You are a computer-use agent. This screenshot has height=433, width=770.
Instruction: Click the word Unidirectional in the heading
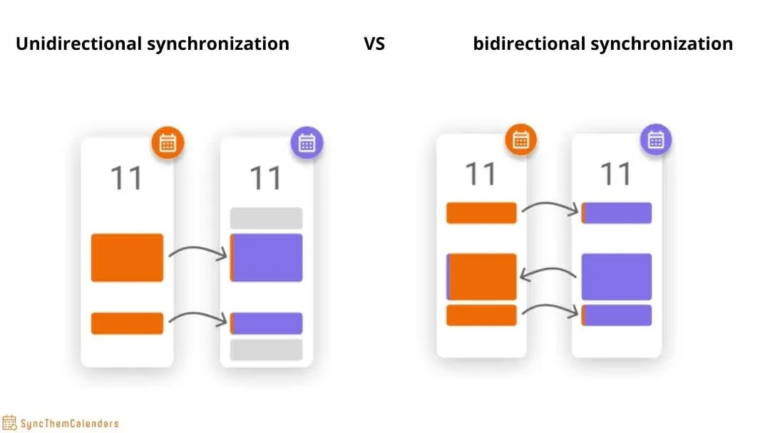click(78, 43)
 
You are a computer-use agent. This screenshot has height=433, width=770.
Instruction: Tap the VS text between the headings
click(374, 44)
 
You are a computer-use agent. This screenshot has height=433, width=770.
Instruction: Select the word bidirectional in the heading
click(528, 43)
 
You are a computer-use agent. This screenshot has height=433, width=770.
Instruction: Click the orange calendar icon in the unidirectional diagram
click(168, 142)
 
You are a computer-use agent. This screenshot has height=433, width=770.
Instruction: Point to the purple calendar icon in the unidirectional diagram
click(307, 142)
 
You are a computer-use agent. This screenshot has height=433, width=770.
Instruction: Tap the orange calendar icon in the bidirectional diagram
click(520, 140)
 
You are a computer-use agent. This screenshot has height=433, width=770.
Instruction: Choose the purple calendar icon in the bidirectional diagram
click(656, 140)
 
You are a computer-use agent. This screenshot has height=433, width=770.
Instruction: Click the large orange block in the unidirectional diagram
click(127, 257)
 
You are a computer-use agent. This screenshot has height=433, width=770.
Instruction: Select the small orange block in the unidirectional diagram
click(127, 323)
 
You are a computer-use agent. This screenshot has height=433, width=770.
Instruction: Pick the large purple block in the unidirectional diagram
click(267, 257)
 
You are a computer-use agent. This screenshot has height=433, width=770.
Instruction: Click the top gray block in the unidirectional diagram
click(266, 218)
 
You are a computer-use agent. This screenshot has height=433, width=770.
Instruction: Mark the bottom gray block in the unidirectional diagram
click(266, 350)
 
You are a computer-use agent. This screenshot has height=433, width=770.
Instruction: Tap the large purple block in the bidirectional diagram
click(617, 276)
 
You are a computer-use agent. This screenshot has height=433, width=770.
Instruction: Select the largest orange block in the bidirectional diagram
click(481, 276)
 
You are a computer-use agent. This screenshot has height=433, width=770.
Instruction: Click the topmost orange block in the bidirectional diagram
click(481, 213)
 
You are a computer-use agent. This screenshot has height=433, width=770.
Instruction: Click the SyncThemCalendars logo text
click(70, 424)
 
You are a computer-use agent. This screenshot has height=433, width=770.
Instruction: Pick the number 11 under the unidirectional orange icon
click(127, 177)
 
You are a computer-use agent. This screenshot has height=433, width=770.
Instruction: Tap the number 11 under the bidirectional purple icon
click(616, 174)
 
